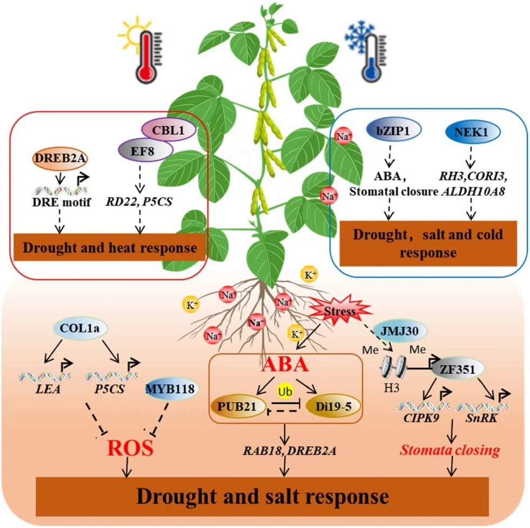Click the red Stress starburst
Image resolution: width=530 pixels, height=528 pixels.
coord(339,312)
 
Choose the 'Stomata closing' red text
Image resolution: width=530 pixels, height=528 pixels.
coord(452,450)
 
